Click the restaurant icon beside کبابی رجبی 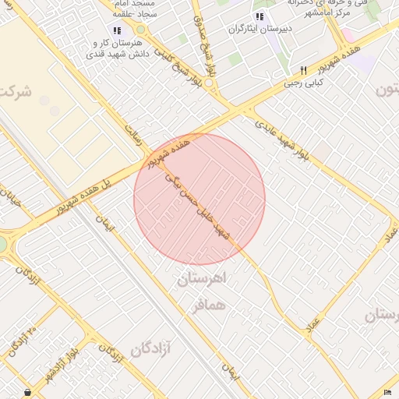tap(304, 69)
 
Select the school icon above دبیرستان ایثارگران tap(260, 16)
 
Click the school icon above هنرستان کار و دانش tap(117, 31)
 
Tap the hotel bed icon tap(387, 391)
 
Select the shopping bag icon tap(28, 391)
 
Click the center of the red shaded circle tap(199, 199)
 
